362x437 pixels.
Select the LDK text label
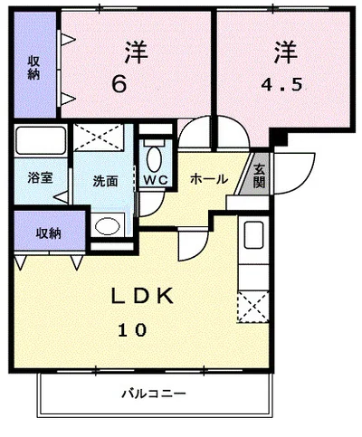coord(142,298)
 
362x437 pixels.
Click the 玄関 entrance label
coord(259,175)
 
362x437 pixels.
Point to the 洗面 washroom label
coord(105,179)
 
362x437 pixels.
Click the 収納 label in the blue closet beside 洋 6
coord(33,68)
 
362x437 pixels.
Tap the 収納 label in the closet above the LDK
coord(48,233)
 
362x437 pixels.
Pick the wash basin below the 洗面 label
coord(109,225)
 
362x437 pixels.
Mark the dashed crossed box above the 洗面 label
coord(102,139)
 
